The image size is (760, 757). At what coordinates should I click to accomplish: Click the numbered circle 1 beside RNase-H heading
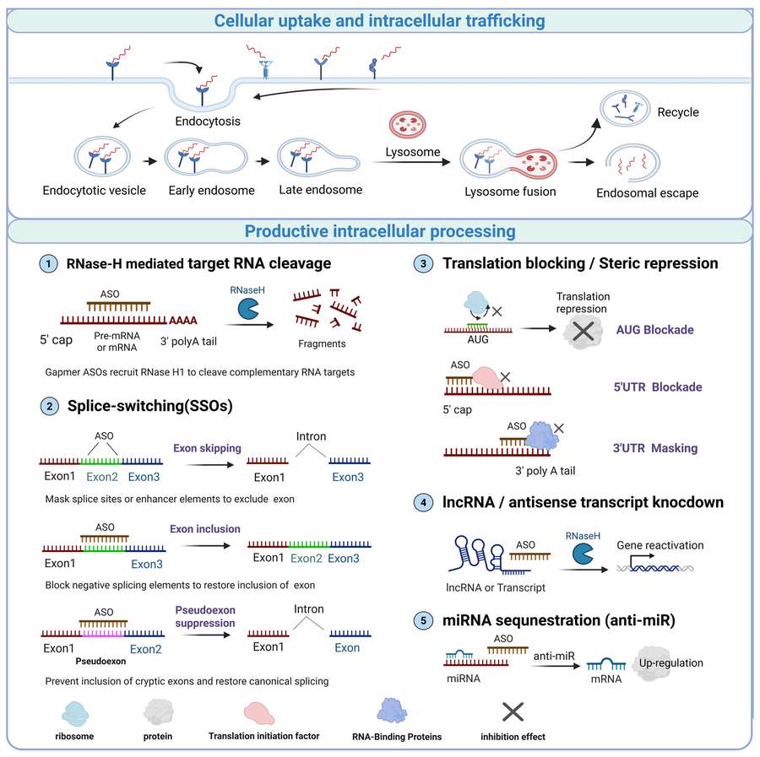pos(48,264)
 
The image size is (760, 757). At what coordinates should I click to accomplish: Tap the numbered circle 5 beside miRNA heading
pos(423,620)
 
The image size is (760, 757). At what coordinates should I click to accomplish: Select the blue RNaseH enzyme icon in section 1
pos(247,309)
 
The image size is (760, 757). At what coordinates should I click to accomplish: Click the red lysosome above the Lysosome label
pos(408,124)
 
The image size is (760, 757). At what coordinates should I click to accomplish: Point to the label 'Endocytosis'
pos(208,121)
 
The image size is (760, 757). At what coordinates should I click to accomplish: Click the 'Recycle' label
pos(677,112)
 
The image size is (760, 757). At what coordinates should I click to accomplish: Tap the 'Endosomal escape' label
pos(647,192)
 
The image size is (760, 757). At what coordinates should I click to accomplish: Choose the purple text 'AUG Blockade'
pos(654,330)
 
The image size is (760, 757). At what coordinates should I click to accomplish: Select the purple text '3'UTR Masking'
pos(654,448)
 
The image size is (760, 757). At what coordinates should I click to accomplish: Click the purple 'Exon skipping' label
pos(207,448)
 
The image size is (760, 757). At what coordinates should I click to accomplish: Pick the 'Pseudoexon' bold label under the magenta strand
pos(100,661)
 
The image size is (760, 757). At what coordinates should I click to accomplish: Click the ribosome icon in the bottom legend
pos(75,713)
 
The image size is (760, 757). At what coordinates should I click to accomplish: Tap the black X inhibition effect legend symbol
pos(513,712)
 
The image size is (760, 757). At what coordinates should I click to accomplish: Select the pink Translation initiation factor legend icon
pos(259,714)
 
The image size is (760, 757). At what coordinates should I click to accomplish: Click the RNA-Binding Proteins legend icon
pos(392,711)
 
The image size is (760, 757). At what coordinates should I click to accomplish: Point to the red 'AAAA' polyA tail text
pos(182,321)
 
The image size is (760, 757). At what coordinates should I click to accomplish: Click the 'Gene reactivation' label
pos(660,545)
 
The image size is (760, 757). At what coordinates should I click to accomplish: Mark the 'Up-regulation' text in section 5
pos(670,663)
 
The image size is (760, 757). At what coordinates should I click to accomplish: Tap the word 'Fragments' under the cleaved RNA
pos(322,343)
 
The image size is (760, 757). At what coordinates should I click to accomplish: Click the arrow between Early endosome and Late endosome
pos(263,161)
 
